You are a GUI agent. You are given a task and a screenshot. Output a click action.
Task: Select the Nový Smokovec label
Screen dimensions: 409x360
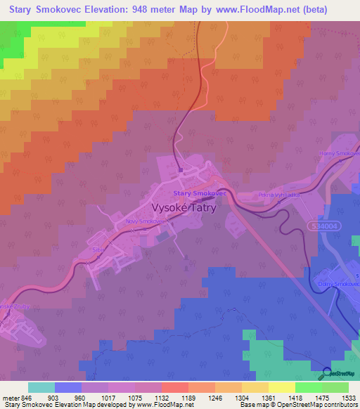145,221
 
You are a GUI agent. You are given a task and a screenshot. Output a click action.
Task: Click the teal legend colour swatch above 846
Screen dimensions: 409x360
41,387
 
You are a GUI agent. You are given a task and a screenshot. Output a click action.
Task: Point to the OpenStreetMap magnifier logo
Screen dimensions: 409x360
326,373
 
